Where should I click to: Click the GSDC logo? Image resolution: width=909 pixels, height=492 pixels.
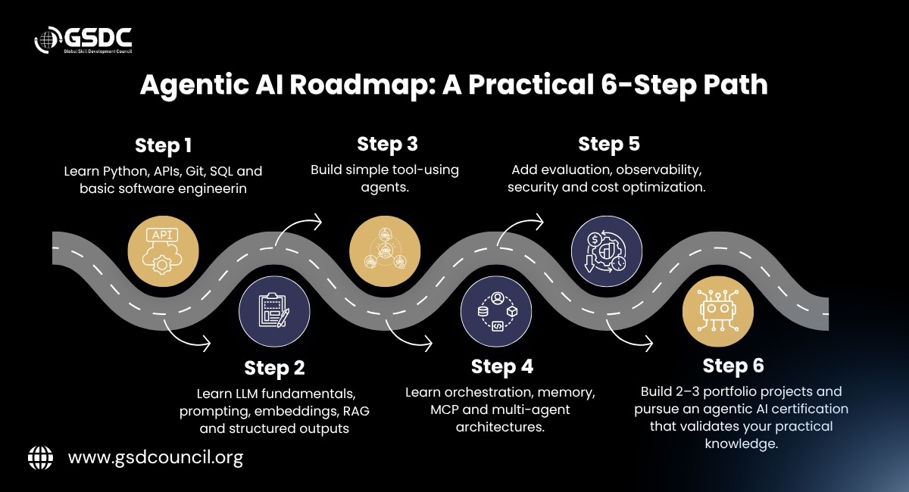click(x=83, y=40)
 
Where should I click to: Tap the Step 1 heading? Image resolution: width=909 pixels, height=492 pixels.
click(x=163, y=145)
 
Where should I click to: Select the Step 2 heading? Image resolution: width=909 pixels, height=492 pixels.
click(x=274, y=369)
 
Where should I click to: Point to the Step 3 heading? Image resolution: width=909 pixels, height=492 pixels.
click(x=387, y=145)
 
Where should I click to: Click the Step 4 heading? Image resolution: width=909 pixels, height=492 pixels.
click(x=502, y=367)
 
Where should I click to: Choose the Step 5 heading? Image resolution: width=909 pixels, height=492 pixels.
click(x=609, y=145)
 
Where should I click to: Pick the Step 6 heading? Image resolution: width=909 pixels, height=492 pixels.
click(x=733, y=366)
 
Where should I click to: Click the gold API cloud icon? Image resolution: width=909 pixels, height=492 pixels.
click(x=163, y=251)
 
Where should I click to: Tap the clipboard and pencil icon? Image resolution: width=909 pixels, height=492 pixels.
click(x=274, y=312)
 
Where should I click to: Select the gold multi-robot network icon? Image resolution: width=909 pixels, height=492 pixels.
click(x=385, y=251)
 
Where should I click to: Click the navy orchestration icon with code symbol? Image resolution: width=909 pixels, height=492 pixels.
click(x=496, y=312)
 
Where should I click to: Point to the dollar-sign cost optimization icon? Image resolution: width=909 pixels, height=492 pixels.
click(x=607, y=251)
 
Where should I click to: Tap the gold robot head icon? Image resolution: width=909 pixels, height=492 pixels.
click(x=718, y=312)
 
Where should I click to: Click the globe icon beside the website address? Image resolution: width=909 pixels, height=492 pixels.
click(x=40, y=458)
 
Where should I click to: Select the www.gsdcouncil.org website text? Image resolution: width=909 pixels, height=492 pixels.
click(x=155, y=458)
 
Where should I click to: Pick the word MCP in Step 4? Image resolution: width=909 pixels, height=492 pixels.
click(x=444, y=409)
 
